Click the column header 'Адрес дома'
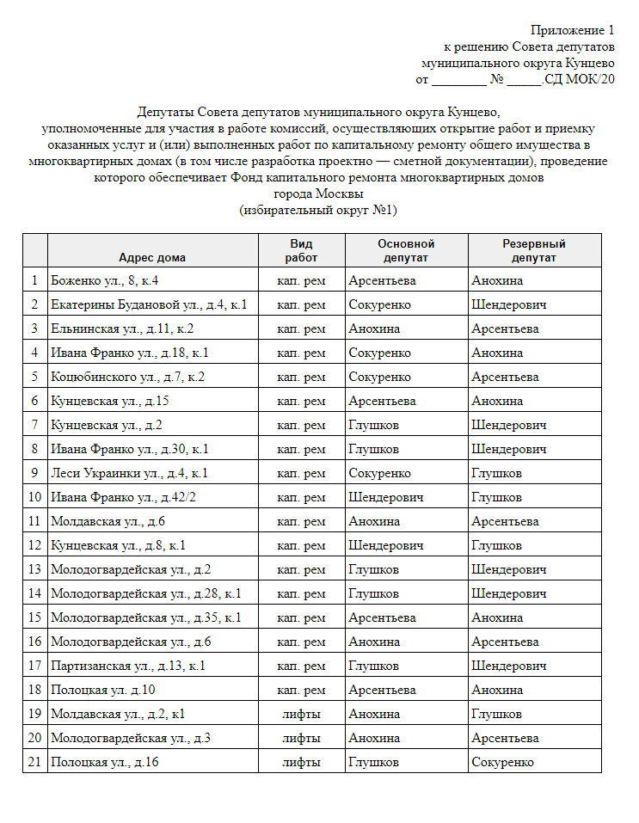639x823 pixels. (x=152, y=257)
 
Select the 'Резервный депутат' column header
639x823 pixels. (x=533, y=250)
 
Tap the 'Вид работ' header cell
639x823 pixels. (x=301, y=250)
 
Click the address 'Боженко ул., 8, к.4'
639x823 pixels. (x=104, y=280)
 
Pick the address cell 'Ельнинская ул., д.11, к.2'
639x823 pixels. (x=122, y=329)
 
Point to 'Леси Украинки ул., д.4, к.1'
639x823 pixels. (x=129, y=473)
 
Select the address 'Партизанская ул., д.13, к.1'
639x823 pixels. (x=128, y=666)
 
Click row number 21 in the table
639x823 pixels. (x=34, y=762)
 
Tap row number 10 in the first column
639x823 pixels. (x=34, y=497)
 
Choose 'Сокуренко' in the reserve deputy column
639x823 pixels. (x=502, y=762)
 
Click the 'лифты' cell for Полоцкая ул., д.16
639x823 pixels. (x=301, y=762)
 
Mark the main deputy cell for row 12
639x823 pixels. (x=386, y=545)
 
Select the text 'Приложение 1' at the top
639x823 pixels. (x=573, y=31)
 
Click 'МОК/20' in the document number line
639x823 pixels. (x=588, y=79)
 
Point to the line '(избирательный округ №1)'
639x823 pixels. (x=318, y=210)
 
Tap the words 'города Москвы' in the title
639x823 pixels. (x=318, y=193)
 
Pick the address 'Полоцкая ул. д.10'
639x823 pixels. (x=102, y=690)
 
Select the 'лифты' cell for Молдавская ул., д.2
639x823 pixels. (x=301, y=714)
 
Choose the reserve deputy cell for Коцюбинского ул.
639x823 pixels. (x=505, y=377)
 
